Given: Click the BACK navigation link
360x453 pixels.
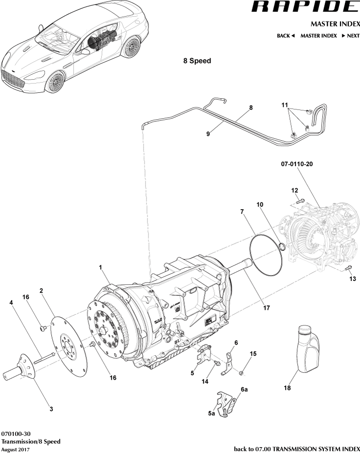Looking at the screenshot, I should click(x=286, y=36).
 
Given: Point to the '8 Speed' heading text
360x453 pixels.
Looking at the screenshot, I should click(x=197, y=62).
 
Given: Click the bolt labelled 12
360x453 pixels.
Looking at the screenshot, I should click(x=300, y=200).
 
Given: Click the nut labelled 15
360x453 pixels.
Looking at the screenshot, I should click(x=241, y=373).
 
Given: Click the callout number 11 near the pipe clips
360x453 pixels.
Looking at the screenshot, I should click(x=285, y=105).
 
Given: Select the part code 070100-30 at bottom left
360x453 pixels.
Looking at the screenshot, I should click(x=17, y=433).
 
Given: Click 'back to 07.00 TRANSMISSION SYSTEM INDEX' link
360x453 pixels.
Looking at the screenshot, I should click(x=297, y=449).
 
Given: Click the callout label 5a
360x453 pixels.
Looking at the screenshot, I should click(x=211, y=413).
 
